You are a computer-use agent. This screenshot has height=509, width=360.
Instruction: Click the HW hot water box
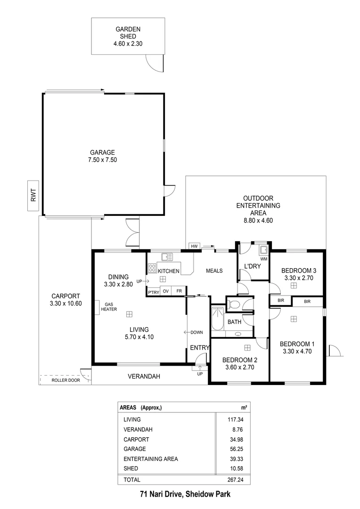[194, 246]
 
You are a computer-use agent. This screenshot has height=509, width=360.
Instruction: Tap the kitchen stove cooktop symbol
[153, 268]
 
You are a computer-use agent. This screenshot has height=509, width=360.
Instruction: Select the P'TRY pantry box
[154, 292]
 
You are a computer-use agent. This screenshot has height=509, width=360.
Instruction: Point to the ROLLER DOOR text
[66, 380]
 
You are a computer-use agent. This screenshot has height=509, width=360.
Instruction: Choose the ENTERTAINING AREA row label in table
[151, 459]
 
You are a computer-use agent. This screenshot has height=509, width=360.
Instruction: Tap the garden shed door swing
[154, 61]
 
